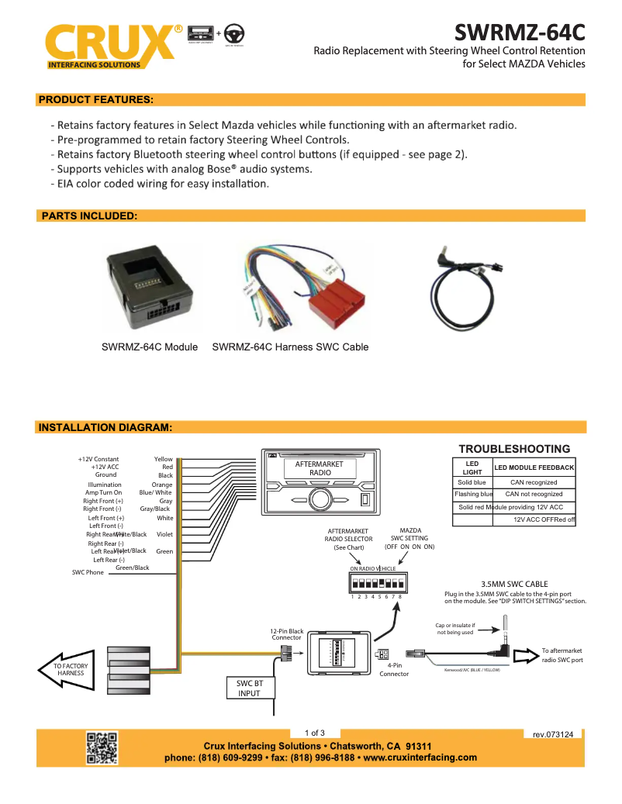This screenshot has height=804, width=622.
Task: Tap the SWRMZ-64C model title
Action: (x=519, y=33)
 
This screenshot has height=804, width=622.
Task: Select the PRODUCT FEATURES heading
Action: (x=96, y=100)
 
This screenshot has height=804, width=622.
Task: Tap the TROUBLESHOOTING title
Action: (x=514, y=449)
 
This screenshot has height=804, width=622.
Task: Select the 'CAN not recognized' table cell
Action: (x=534, y=494)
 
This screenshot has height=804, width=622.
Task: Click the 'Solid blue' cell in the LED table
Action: (x=472, y=482)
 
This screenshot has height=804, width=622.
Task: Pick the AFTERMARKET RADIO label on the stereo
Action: (x=320, y=468)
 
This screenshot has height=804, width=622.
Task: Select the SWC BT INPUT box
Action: (x=249, y=688)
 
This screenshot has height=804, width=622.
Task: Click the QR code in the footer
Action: (x=102, y=748)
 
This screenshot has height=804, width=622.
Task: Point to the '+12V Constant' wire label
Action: (x=98, y=459)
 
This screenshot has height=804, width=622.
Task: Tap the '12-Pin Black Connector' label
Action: (x=287, y=634)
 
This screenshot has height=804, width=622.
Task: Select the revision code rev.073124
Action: (x=553, y=733)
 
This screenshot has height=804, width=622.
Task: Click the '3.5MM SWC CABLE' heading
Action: (x=515, y=584)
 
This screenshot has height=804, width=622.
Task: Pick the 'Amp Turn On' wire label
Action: (x=103, y=492)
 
